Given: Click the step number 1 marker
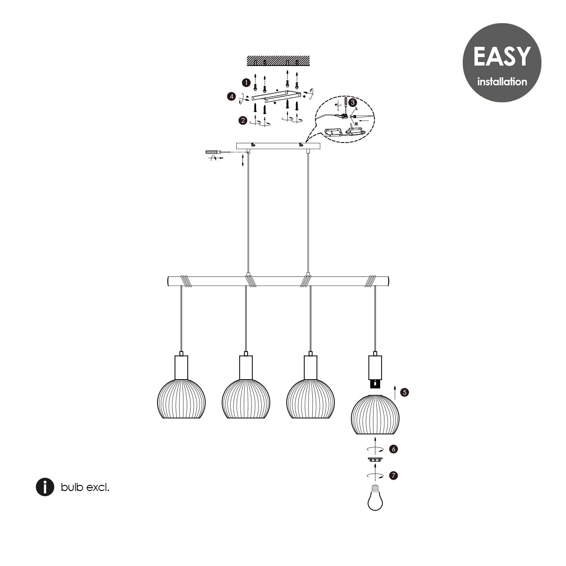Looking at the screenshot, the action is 246,83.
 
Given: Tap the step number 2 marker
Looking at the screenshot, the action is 242,120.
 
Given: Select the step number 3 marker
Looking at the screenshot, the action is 352,102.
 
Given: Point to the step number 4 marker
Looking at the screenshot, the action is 232,96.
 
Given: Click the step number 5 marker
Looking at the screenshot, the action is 404,392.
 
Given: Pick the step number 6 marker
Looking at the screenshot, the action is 393,449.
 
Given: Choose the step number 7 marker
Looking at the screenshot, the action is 393,475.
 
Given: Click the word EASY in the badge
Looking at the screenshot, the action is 502,57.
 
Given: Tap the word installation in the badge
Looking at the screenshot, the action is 502,82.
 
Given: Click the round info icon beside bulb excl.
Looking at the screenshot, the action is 45,487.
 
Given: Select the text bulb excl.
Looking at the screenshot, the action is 85,487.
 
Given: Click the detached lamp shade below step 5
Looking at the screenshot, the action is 375,415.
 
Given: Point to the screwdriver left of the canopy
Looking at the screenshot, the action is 217,152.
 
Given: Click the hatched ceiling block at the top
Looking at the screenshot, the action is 278,60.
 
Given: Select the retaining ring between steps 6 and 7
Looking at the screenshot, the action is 375,459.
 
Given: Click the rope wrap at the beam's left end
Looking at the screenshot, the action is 186,281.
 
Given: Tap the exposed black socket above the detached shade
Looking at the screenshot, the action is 375,383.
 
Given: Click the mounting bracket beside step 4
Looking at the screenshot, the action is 276,96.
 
